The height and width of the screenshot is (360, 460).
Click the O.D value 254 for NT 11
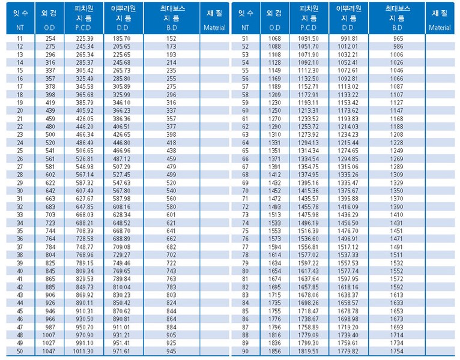50,38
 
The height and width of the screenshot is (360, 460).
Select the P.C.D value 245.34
85,46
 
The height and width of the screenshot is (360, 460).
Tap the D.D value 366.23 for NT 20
122,110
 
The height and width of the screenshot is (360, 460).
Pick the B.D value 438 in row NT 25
171,151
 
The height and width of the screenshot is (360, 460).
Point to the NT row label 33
20,215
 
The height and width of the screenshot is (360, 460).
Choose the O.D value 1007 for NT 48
49,335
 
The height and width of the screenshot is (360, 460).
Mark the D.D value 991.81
349,38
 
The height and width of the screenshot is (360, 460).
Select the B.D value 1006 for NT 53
396,55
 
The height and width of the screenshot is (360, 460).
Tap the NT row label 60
245,110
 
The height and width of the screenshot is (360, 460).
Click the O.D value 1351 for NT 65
274,151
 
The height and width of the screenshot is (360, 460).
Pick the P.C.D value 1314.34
308,151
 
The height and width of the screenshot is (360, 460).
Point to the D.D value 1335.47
348,183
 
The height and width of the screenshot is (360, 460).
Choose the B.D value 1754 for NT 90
396,351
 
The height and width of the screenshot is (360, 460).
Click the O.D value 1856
274,351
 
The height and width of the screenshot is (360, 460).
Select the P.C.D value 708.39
85,231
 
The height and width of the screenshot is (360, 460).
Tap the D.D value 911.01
122,327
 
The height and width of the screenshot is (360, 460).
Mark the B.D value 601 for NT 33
171,215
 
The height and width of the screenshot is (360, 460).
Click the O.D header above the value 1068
275,28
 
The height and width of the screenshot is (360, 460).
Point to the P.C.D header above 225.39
83,28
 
